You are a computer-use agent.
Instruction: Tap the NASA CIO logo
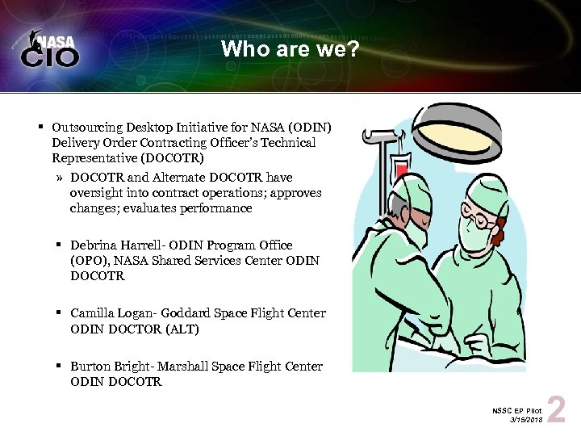click(50, 50)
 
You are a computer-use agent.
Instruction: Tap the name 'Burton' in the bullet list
click(92, 367)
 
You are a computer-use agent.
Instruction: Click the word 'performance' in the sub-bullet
click(218, 208)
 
